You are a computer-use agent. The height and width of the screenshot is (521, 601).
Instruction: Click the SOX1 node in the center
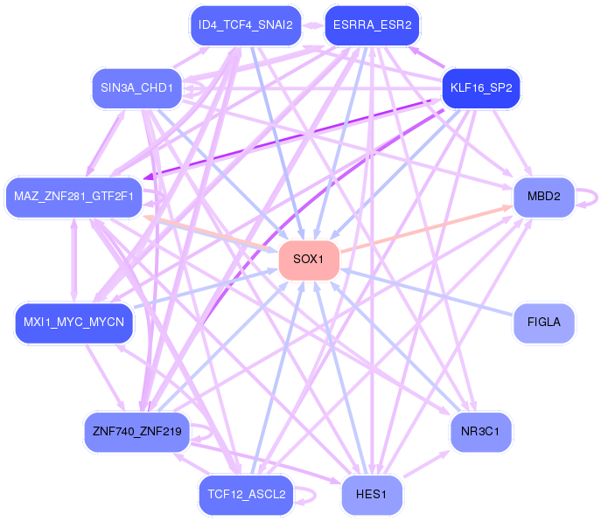point(309,260)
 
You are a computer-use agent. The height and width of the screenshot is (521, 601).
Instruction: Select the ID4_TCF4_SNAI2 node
point(246,25)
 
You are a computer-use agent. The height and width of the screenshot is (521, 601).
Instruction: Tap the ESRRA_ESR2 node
point(372,25)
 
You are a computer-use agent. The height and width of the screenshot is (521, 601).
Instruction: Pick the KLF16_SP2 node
point(481,88)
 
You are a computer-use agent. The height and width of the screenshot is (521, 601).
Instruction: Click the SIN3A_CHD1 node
point(136,88)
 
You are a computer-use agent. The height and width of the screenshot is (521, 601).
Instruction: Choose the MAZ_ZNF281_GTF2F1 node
point(73,197)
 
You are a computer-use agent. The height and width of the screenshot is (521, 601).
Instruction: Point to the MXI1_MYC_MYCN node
point(73,323)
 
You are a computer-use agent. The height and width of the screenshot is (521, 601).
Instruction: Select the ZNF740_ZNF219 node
point(136,432)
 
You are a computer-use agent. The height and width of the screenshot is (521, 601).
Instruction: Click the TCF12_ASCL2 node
point(246,495)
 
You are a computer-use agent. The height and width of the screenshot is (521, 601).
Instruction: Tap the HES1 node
point(372,495)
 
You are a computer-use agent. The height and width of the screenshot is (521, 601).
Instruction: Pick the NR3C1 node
point(480,432)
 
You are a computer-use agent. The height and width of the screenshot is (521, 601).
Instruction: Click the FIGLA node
point(544,323)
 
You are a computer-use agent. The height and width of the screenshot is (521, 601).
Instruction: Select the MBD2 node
point(544,197)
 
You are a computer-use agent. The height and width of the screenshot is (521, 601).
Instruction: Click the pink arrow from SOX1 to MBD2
point(427,229)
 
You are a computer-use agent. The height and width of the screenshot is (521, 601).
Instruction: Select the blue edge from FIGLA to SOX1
point(427,292)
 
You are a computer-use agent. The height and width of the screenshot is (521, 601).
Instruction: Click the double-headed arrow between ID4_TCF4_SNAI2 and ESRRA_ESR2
point(313,25)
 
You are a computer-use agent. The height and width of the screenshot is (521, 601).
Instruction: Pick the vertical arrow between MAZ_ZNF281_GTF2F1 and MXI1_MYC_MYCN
point(74,260)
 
